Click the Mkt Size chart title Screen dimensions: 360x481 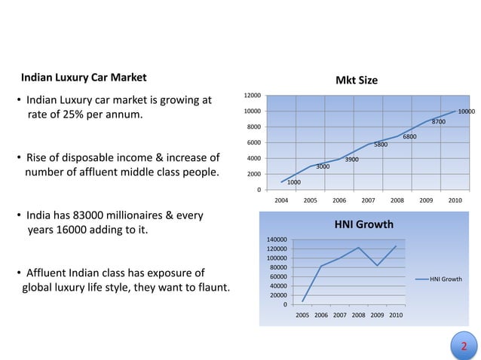click(356, 81)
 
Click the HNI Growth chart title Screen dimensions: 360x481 click(364, 224)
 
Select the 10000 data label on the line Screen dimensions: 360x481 click(467, 111)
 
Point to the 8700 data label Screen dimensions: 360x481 click(438, 121)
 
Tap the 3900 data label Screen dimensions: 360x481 click(351, 160)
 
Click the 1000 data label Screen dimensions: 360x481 click(294, 182)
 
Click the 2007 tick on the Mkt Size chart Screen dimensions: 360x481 click(368, 200)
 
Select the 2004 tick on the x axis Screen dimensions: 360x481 click(280, 200)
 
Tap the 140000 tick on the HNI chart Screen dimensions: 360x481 click(277, 239)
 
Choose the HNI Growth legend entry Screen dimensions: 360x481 click(445, 279)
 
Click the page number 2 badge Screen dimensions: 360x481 click(464, 346)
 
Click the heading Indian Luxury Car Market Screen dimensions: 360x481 click(84, 78)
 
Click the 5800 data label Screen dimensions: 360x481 click(381, 145)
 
